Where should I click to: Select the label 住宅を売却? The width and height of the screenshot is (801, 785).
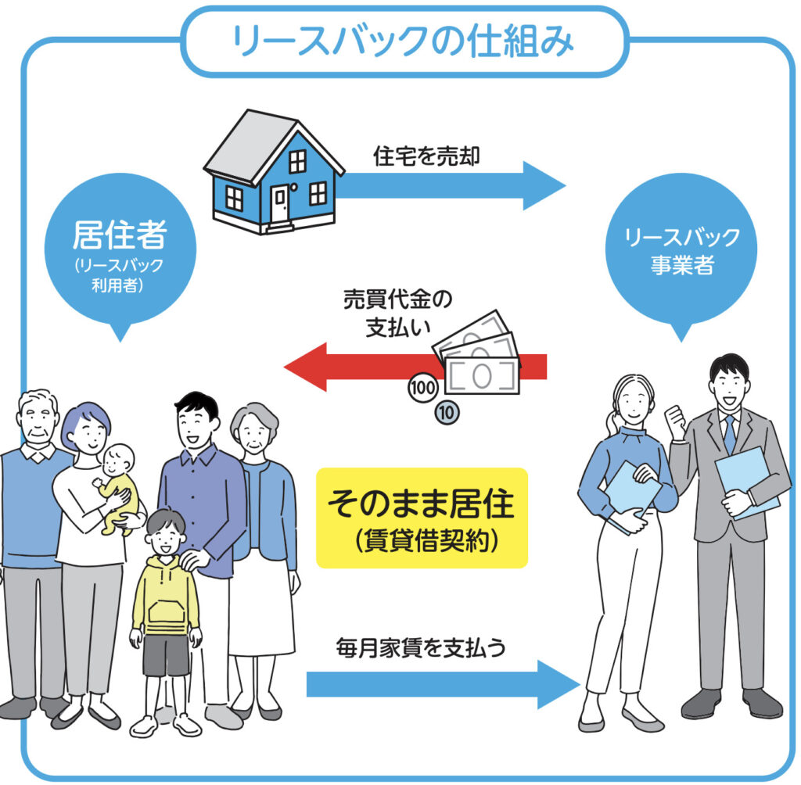click(x=426, y=156)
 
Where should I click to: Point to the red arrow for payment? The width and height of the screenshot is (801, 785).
click(x=415, y=367)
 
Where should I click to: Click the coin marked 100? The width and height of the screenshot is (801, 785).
click(x=423, y=388)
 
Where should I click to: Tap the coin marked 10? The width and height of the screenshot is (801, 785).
click(x=447, y=413)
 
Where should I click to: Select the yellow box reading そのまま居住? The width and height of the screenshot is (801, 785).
click(x=422, y=518)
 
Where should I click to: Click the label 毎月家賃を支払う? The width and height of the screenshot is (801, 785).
click(x=421, y=647)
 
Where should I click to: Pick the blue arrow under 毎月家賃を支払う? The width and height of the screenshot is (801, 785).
click(x=444, y=684)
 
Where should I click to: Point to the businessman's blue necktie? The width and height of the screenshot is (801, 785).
click(x=730, y=434)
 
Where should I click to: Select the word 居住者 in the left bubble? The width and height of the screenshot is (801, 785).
click(x=120, y=235)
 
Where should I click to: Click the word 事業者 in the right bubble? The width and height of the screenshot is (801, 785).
click(x=682, y=264)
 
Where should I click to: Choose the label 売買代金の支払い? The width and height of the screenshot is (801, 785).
click(x=397, y=314)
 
